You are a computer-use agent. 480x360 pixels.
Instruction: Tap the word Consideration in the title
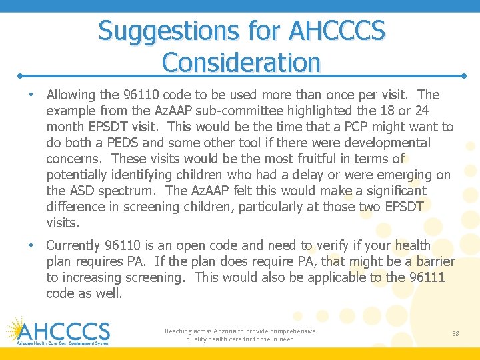(x=241, y=63)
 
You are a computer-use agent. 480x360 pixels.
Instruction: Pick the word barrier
(x=432, y=261)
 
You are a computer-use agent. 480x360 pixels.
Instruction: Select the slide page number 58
(x=455, y=333)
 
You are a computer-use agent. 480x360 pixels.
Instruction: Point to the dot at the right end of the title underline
(x=463, y=76)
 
